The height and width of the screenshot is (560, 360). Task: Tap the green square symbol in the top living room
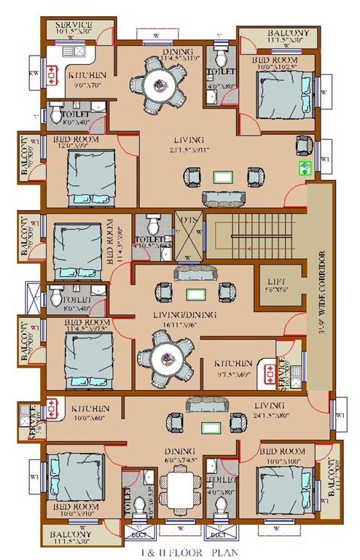(x=305, y=169)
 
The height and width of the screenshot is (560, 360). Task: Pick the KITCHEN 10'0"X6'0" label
(x=90, y=413)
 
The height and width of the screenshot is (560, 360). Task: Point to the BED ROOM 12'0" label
(x=75, y=141)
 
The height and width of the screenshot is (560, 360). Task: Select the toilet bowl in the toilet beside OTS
(x=152, y=221)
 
